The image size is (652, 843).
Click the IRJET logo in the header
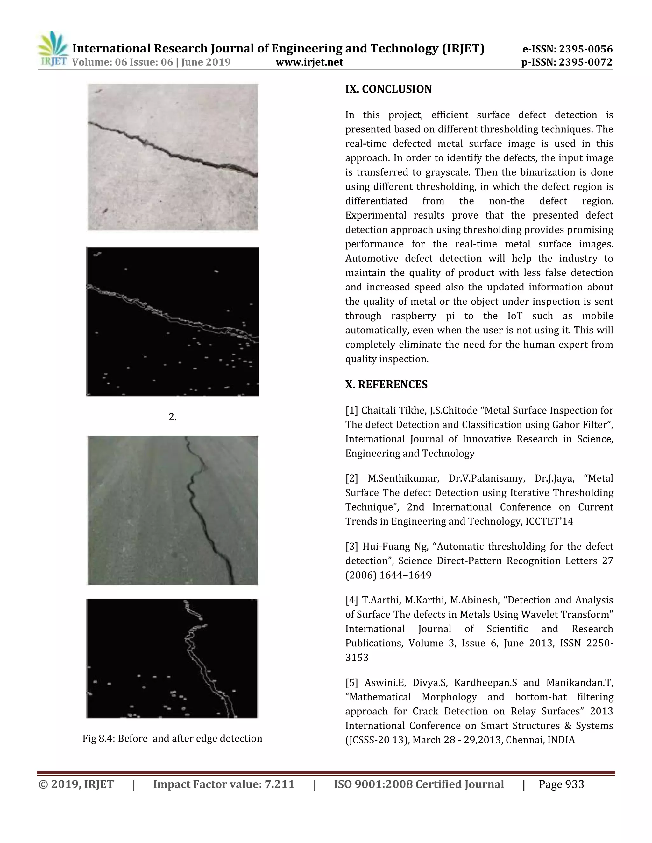[x=53, y=49]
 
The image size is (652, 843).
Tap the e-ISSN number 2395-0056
[x=585, y=49]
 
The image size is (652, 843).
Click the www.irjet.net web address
[x=309, y=62]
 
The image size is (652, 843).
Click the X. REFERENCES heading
[x=386, y=385]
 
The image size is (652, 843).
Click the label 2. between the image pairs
[x=172, y=417]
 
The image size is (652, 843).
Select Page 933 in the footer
[x=561, y=784]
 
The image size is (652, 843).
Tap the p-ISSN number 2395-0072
[x=585, y=62]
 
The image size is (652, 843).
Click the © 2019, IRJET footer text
[x=76, y=784]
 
